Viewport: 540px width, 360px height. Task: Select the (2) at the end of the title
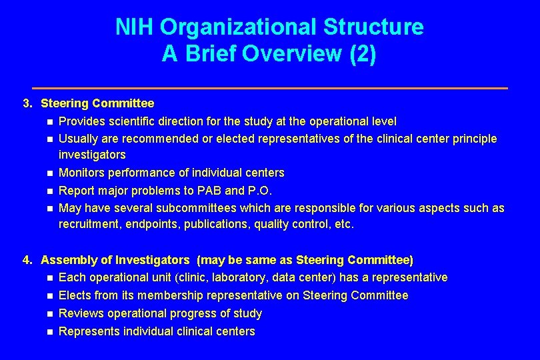point(363,54)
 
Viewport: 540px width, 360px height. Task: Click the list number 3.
point(27,103)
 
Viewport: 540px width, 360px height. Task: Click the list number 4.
point(27,260)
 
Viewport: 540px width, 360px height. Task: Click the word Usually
point(77,139)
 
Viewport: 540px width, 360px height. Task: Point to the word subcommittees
point(198,208)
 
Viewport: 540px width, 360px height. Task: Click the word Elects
point(75,295)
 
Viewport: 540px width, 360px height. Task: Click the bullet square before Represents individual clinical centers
point(49,331)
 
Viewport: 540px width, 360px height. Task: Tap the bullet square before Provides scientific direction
point(49,121)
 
